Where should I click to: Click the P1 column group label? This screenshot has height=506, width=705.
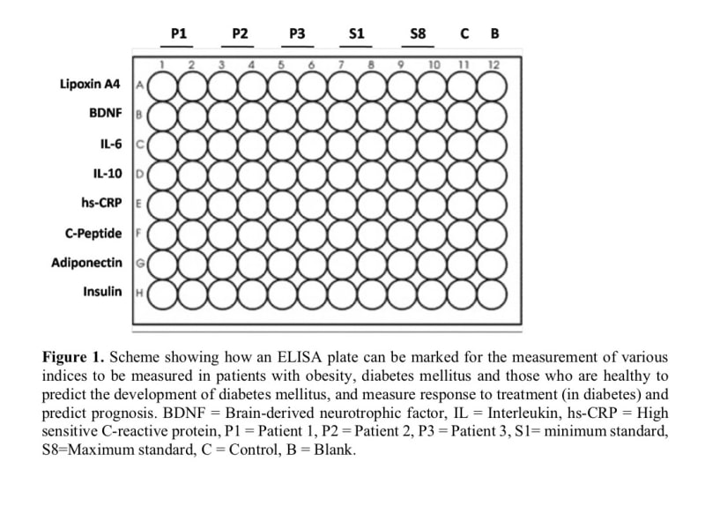pyautogui.click(x=179, y=33)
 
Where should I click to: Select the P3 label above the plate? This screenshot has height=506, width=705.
pyautogui.click(x=297, y=33)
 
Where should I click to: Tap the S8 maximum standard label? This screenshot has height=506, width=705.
pyautogui.click(x=418, y=33)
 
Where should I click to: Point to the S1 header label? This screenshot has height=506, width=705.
pyautogui.click(x=356, y=33)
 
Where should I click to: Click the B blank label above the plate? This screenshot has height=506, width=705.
pyautogui.click(x=494, y=33)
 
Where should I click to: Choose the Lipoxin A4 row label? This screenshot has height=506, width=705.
pyautogui.click(x=91, y=85)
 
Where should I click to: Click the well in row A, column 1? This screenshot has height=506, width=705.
pyautogui.click(x=163, y=86)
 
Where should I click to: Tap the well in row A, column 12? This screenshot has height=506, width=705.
pyautogui.click(x=493, y=86)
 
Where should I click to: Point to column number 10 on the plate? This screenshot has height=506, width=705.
pyautogui.click(x=434, y=64)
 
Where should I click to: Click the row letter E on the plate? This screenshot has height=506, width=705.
pyautogui.click(x=138, y=204)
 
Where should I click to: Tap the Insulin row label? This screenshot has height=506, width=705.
pyautogui.click(x=102, y=292)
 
